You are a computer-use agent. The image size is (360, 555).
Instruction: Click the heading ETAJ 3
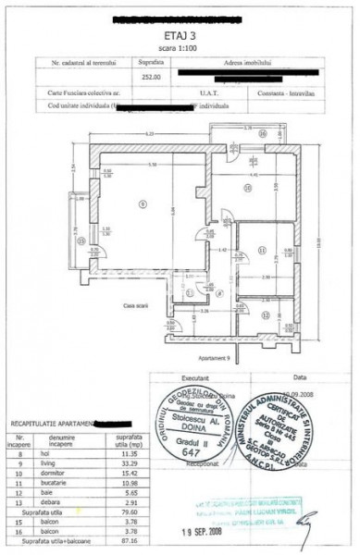pyautogui.click(x=180, y=31)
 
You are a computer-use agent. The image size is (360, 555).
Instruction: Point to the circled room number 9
pyautogui.click(x=142, y=204)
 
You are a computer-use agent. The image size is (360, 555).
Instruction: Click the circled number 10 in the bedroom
pyautogui.click(x=247, y=189)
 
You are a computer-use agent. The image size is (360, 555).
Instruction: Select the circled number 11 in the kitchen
pyautogui.click(x=262, y=251)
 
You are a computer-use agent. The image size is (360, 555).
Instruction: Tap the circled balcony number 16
pyautogui.click(x=262, y=133)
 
